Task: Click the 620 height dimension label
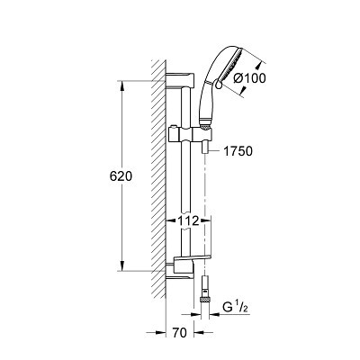(x=121, y=176)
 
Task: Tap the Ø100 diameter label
(x=249, y=78)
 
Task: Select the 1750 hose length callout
(x=238, y=151)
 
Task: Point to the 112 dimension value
(x=188, y=221)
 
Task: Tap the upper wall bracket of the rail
(x=180, y=80)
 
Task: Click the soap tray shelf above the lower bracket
(x=193, y=258)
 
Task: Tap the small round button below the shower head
(x=219, y=85)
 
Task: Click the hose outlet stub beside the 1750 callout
(x=205, y=148)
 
